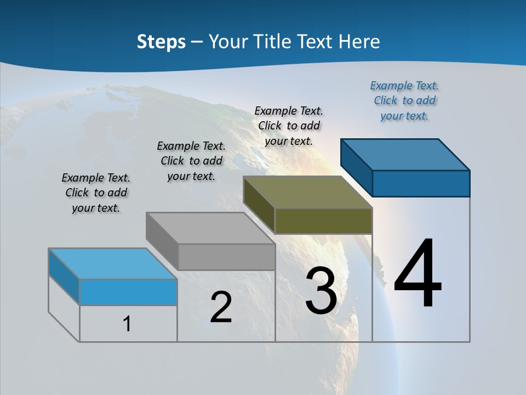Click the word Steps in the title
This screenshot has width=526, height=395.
pos(161,42)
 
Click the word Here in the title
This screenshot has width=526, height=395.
pos(359,42)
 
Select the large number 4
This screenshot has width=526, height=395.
pos(418,274)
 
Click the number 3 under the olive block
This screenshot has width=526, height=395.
pos(321,291)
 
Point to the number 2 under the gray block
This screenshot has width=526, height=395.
pos(221,307)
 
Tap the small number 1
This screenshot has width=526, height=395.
pos(127,324)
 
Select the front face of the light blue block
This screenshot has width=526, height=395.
pos(128,292)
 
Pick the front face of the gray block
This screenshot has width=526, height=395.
pos(226,257)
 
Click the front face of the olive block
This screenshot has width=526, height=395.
pos(323,221)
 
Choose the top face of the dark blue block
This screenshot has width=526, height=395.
pos(405,154)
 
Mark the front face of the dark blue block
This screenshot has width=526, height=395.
pos(421,183)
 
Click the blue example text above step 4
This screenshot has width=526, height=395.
pos(404,100)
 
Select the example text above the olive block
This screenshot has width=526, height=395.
pos(289,126)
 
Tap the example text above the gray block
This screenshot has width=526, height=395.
pos(191,161)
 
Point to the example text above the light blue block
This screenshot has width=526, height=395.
pos(96,193)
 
